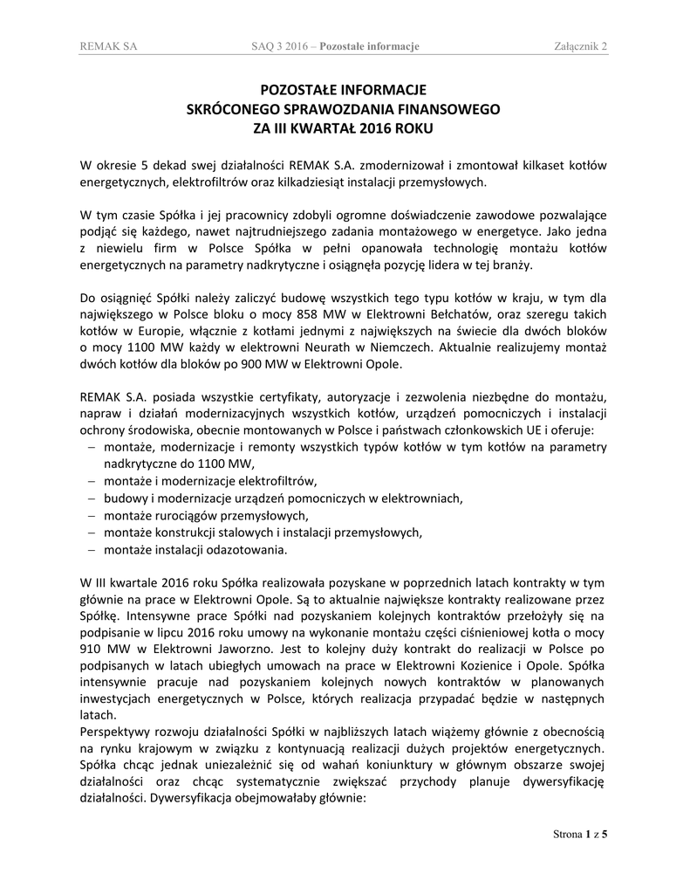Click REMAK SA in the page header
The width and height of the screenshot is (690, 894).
coord(107,45)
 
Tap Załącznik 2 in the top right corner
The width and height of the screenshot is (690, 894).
coord(580,45)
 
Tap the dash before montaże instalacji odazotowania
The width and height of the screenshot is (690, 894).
coord(92,550)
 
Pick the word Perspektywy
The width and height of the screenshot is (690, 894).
coord(115,729)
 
